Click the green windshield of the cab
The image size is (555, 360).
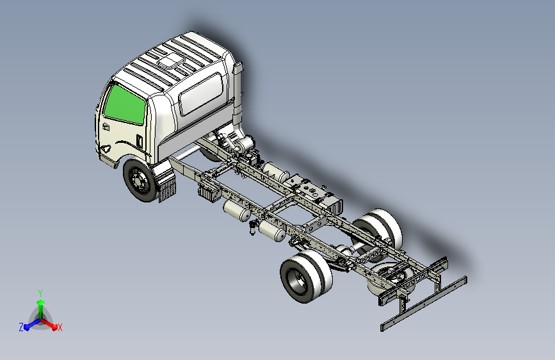(x=125, y=105)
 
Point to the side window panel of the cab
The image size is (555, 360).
(x=201, y=94)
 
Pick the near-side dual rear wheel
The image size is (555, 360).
(x=306, y=276)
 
